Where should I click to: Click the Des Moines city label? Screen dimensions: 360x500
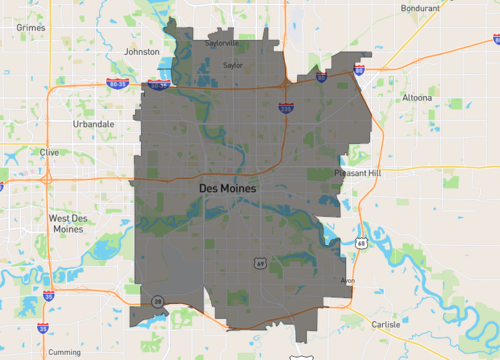[x=228, y=188]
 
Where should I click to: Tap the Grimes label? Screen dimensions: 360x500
[x=31, y=28]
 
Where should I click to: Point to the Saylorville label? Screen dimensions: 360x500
[x=221, y=44]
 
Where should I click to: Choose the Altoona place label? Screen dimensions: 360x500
[x=416, y=98]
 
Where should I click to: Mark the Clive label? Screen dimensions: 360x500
[x=49, y=152]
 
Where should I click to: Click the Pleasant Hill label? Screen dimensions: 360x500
[x=358, y=173]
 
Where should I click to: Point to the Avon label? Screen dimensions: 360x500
[x=348, y=281]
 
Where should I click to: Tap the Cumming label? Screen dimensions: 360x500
[x=64, y=352]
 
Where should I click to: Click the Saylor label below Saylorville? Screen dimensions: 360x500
[x=233, y=65]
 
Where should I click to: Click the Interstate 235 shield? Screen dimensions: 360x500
[x=286, y=107]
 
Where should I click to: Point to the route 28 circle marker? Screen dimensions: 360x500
[x=157, y=300]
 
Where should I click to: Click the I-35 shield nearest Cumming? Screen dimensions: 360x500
[x=42, y=327]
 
